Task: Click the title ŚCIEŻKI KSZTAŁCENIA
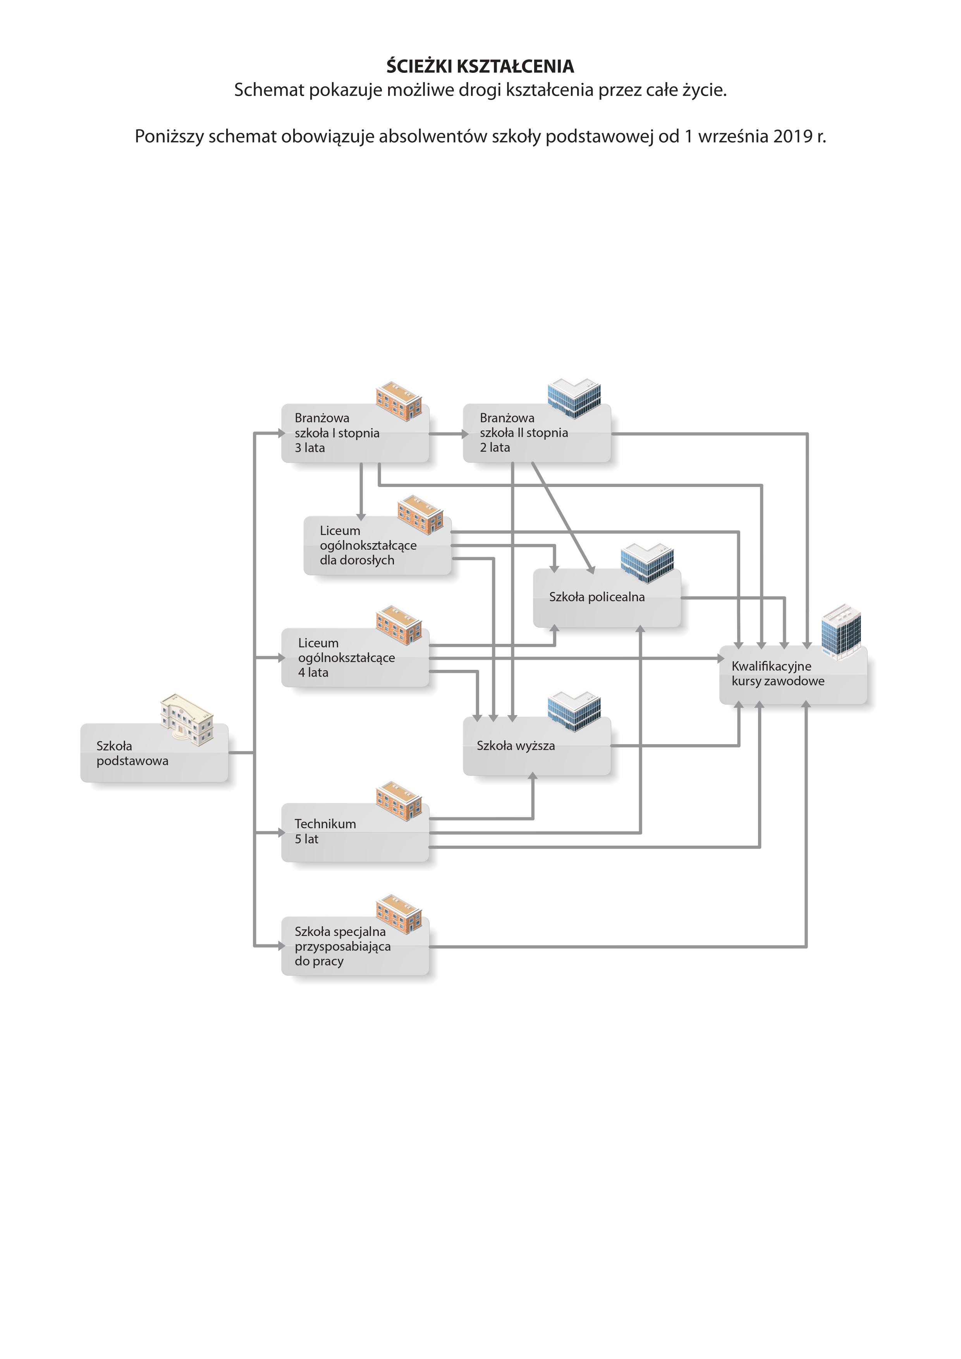pos(480,66)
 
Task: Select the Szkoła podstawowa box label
pos(132,753)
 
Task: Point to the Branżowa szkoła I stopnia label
pos(337,433)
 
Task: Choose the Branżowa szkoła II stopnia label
pos(524,433)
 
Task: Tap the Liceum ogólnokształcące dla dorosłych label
pos(368,545)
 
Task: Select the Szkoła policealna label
pos(597,597)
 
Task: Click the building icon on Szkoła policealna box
pos(647,563)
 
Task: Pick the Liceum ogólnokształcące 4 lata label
pos(346,657)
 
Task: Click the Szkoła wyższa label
pos(516,746)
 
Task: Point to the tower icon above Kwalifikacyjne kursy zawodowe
pos(841,631)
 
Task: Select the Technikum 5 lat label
pos(325,831)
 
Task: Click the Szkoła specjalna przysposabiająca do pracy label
pos(343,946)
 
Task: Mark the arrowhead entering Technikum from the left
pos(282,833)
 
